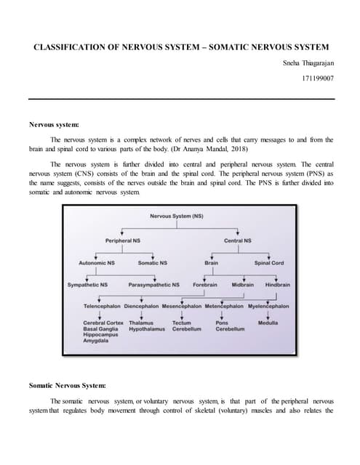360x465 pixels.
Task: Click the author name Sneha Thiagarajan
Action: click(x=308, y=63)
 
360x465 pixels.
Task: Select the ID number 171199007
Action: click(x=318, y=77)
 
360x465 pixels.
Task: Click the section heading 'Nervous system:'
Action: click(x=55, y=125)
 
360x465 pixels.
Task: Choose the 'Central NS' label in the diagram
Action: click(x=238, y=240)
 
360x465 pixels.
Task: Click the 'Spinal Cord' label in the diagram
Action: click(x=268, y=262)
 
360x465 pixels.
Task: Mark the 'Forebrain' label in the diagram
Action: click(x=205, y=285)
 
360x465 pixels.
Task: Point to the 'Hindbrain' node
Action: click(x=277, y=285)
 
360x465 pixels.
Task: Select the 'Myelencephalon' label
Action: click(x=268, y=307)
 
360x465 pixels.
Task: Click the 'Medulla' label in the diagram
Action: click(x=268, y=323)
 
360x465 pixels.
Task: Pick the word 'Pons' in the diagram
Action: click(x=223, y=323)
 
